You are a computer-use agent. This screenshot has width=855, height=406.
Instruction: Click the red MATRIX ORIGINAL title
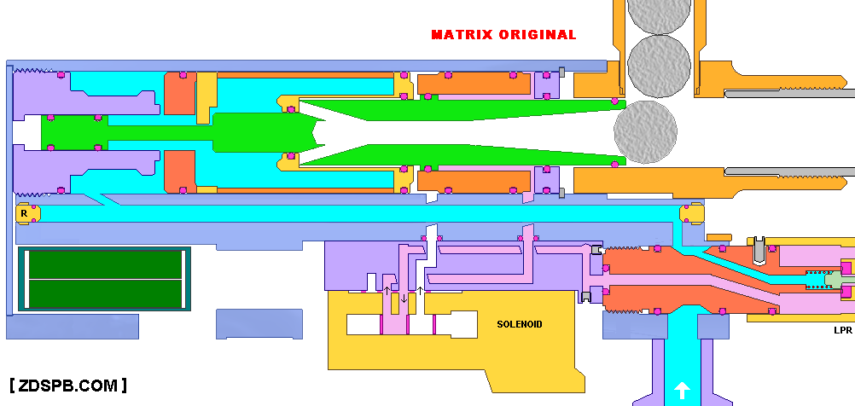click(x=503, y=35)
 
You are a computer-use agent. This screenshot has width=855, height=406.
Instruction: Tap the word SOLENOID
click(x=520, y=324)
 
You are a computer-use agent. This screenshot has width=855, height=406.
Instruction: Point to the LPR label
click(x=843, y=329)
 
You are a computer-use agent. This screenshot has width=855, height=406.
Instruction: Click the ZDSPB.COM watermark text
click(x=68, y=386)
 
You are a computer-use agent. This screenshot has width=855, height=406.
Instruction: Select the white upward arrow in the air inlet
click(x=682, y=391)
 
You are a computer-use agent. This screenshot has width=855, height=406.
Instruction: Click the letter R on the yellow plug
click(x=24, y=213)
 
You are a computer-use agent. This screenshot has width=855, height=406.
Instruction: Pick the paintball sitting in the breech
click(x=646, y=131)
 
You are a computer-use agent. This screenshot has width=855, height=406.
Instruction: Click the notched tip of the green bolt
click(x=317, y=131)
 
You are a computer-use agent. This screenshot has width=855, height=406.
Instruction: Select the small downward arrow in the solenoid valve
click(x=404, y=297)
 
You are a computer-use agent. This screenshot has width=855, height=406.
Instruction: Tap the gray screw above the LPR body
click(x=758, y=250)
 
